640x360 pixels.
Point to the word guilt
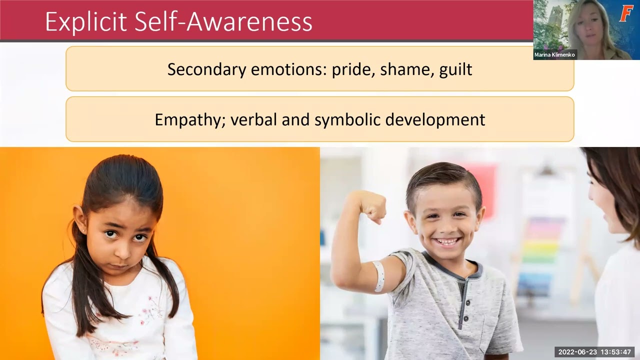click(x=455, y=69)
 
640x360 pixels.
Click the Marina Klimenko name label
click(x=554, y=55)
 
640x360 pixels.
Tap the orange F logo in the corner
click(x=626, y=13)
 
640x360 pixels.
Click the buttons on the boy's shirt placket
click(x=463, y=300)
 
